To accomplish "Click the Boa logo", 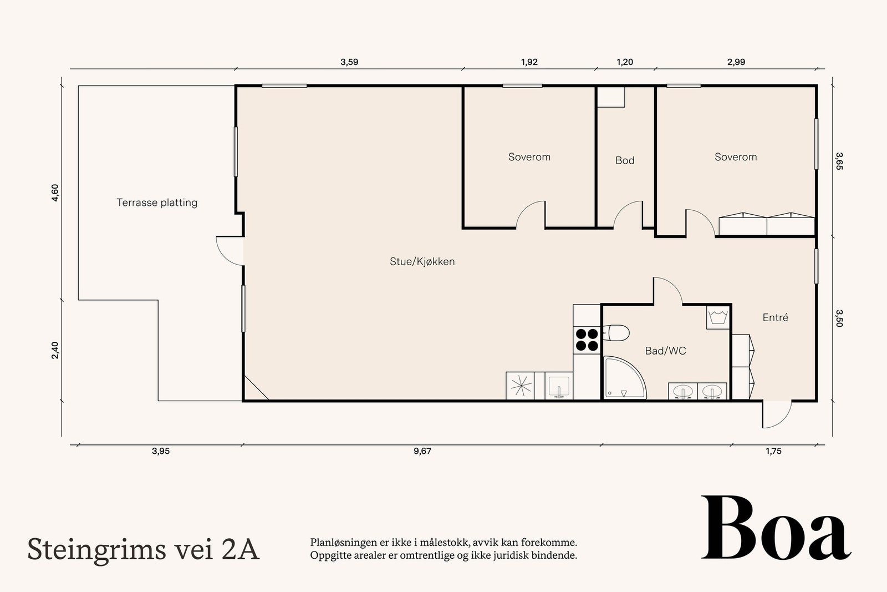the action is pos(776,528).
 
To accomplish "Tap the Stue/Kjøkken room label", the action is pos(422,261).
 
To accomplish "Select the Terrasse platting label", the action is pos(157,203).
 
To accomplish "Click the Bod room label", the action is pos(625,160).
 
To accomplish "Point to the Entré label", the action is pos(776,317).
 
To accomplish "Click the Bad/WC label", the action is pos(665,351).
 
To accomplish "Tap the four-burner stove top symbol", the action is pos(587,340).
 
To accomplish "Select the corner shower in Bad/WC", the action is pos(624,378).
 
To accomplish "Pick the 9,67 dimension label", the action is pos(422,451).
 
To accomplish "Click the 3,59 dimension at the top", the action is pos(349,62).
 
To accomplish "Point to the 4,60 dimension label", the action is pos(55,193).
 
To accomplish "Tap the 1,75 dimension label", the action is pos(774,451).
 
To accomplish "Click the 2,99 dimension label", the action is pos(736,62).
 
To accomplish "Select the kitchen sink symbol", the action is pos(559,386).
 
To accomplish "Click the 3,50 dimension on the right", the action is pos(839,318).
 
